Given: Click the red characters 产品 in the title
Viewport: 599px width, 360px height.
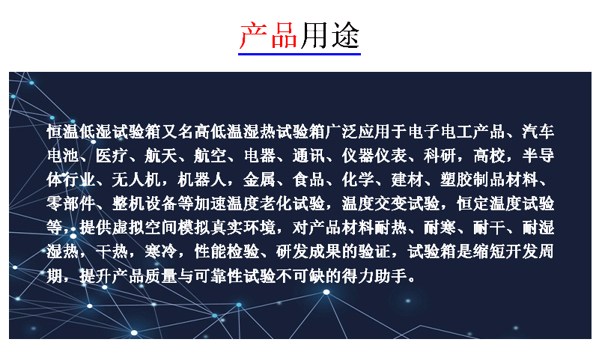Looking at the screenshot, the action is pyautogui.click(x=268, y=35).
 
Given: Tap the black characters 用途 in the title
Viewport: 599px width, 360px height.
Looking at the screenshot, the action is pyautogui.click(x=329, y=35).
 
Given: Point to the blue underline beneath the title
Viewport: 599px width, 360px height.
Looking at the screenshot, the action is pyautogui.click(x=299, y=54).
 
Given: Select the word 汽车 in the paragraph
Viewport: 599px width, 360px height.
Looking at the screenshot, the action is pyautogui.click(x=538, y=132).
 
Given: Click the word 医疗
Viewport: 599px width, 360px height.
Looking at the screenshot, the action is pyautogui.click(x=112, y=156).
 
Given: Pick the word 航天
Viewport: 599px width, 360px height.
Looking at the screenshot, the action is pyautogui.click(x=161, y=156).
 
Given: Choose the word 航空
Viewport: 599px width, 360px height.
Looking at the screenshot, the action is pyautogui.click(x=210, y=156).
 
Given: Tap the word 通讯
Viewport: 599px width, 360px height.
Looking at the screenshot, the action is pyautogui.click(x=308, y=156).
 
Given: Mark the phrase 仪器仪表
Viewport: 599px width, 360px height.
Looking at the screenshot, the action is pyautogui.click(x=374, y=156).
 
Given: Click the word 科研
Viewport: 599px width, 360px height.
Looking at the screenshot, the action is pyautogui.click(x=440, y=156).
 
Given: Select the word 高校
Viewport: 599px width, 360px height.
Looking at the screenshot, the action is pyautogui.click(x=490, y=156).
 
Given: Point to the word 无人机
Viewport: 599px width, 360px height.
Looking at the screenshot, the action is pyautogui.click(x=136, y=180).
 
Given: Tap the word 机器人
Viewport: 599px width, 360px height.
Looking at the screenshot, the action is pyautogui.click(x=202, y=180).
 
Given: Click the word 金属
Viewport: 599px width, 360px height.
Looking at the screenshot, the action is pyautogui.click(x=259, y=180).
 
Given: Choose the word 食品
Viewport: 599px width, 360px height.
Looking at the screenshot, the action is pyautogui.click(x=308, y=180).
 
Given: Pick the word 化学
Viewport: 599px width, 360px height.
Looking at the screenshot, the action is pyautogui.click(x=358, y=180).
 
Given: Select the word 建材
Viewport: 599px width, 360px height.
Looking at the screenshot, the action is pyautogui.click(x=407, y=180).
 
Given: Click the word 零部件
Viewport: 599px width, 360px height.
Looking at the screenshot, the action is pyautogui.click(x=71, y=204).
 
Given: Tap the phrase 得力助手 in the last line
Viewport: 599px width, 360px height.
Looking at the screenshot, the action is pyautogui.click(x=374, y=276).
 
